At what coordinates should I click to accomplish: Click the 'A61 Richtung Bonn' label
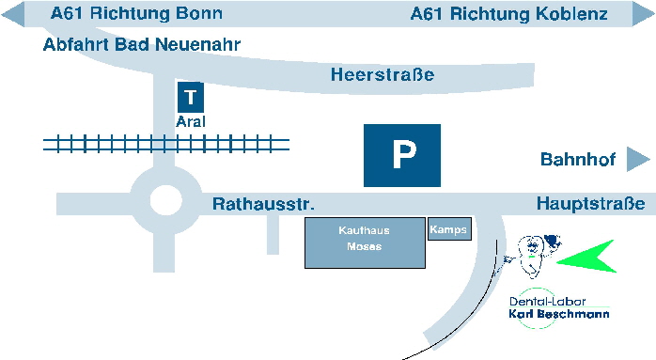click(136, 14)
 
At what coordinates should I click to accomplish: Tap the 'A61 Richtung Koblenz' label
click(509, 14)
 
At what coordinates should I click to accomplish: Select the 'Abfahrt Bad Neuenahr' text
click(142, 44)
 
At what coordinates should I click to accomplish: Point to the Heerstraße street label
click(383, 75)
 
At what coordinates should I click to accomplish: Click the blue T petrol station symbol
click(191, 97)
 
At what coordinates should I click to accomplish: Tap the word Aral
click(191, 122)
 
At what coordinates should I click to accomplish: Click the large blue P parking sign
click(402, 154)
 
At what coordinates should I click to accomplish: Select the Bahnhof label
click(577, 160)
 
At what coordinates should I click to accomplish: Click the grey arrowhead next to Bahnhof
click(638, 159)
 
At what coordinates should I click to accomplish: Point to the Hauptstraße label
click(590, 204)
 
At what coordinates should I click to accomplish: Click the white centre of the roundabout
click(164, 200)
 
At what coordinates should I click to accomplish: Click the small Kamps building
click(448, 229)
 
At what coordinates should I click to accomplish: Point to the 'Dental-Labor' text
click(540, 301)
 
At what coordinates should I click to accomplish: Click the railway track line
click(166, 144)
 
